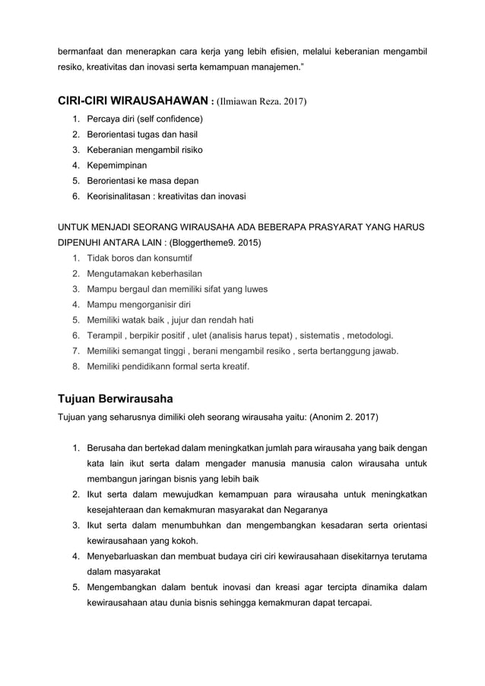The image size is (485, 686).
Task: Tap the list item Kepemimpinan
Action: [117, 164]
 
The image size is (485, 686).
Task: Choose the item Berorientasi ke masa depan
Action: [142, 180]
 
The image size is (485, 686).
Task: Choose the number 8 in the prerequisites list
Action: [75, 366]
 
